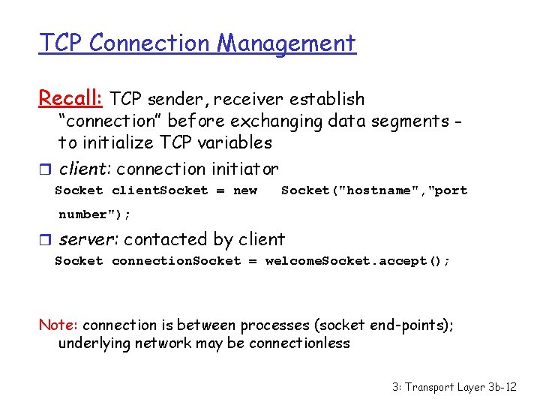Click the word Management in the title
(x=286, y=43)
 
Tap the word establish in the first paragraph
(x=329, y=99)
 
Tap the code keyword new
(x=245, y=190)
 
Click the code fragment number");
(x=94, y=214)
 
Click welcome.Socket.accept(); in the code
(x=358, y=261)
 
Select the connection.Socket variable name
(x=176, y=261)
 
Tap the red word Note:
(x=58, y=325)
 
